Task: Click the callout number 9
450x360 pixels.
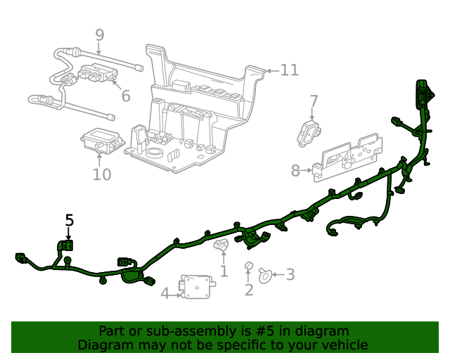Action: click(99, 34)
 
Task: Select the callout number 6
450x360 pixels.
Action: click(125, 96)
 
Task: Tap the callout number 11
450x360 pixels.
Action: click(290, 70)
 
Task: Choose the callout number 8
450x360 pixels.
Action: click(296, 170)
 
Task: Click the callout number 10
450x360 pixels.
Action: click(101, 174)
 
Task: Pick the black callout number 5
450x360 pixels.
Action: click(69, 220)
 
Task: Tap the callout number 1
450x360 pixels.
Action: click(224, 271)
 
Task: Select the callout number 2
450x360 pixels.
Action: click(249, 290)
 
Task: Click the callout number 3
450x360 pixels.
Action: click(290, 275)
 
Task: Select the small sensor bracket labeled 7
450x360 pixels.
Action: click(310, 130)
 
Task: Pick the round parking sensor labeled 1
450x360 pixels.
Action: click(221, 247)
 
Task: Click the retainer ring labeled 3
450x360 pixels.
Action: click(266, 275)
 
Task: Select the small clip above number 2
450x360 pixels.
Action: click(248, 266)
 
